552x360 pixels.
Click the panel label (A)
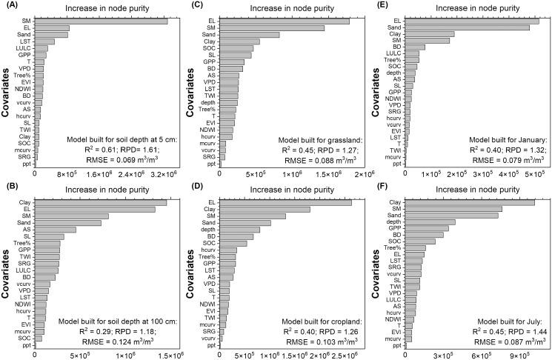point(10,5)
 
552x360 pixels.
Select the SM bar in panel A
point(101,21)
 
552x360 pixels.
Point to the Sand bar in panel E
point(467,27)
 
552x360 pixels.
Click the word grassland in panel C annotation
point(342,139)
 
